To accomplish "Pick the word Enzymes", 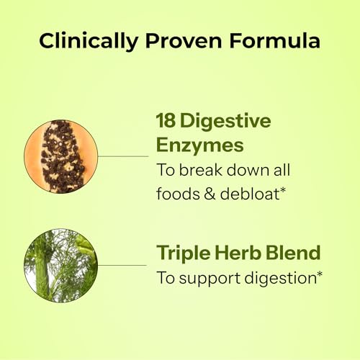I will coord(199,145).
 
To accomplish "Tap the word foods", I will coord(178,193).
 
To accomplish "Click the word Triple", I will coord(181,254).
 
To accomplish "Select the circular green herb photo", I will coord(60,264).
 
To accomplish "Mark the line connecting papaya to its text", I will coord(122,155).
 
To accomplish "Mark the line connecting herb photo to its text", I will coord(122,264).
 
